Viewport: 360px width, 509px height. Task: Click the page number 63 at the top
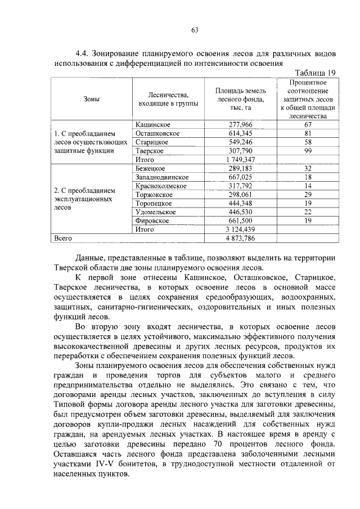pyautogui.click(x=195, y=29)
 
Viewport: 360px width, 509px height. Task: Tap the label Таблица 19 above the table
pyautogui.click(x=315, y=73)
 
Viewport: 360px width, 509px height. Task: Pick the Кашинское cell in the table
pyautogui.click(x=153, y=124)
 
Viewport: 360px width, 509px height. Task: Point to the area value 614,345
pyautogui.click(x=245, y=133)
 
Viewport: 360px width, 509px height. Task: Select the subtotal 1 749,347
pyautogui.click(x=245, y=160)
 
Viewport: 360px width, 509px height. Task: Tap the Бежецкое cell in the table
pyautogui.click(x=150, y=168)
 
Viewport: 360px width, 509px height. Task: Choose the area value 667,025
pyautogui.click(x=245, y=177)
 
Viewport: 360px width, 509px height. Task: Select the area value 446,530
pyautogui.click(x=245, y=212)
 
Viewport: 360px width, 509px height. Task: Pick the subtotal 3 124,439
pyautogui.click(x=245, y=229)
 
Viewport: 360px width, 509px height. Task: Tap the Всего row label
pyautogui.click(x=64, y=238)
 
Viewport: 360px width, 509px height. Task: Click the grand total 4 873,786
pyautogui.click(x=245, y=238)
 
